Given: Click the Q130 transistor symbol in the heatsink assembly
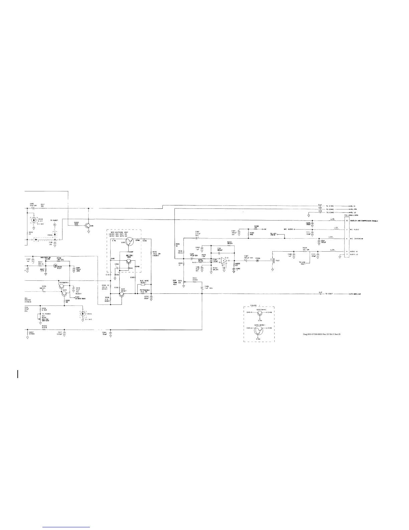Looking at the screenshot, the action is point(130,241).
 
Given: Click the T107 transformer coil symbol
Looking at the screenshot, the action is point(273,260).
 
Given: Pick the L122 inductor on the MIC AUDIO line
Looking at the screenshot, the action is point(336,230).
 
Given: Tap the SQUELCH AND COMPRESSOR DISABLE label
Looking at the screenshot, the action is point(364,221).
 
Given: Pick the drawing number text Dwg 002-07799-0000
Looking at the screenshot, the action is point(321,335).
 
